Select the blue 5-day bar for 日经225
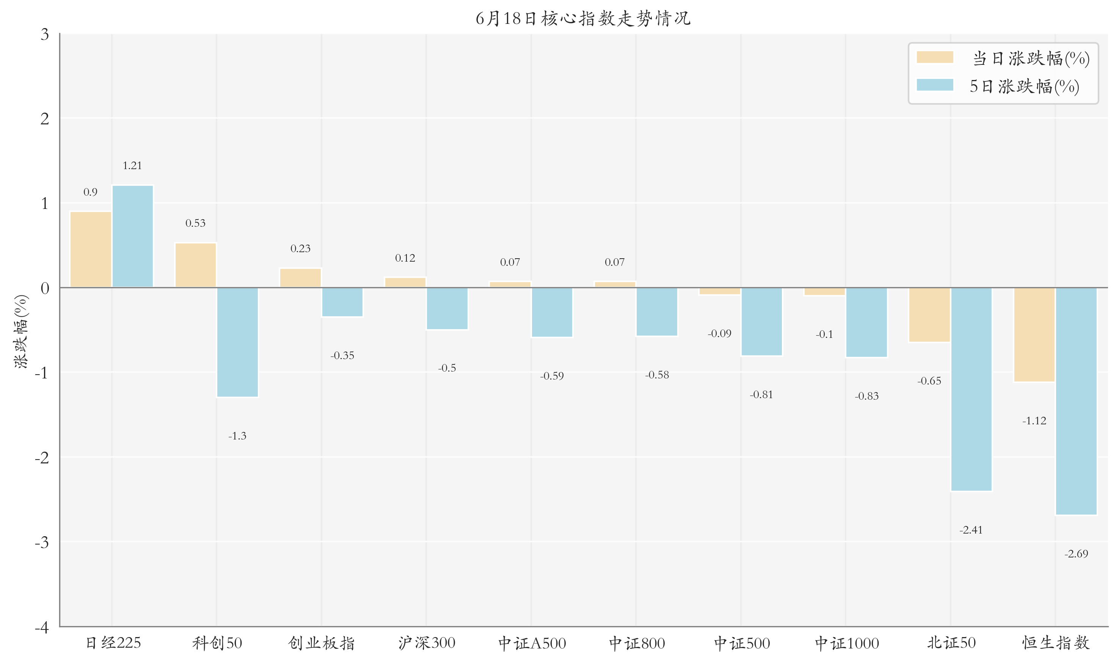coord(132,236)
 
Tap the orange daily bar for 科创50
coord(196,265)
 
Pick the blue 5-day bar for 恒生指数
coord(1076,401)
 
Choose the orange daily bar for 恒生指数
coord(1034,335)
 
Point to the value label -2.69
coord(1076,554)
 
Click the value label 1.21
coord(132,166)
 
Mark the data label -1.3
coord(237,436)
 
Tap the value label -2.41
coord(971,530)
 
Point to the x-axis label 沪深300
coord(426,643)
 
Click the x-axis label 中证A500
coord(532,643)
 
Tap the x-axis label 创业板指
coord(321,643)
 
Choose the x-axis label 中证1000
coord(846,643)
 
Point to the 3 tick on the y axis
coord(45,34)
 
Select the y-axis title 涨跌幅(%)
coord(22,331)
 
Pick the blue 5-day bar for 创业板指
coord(342,302)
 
